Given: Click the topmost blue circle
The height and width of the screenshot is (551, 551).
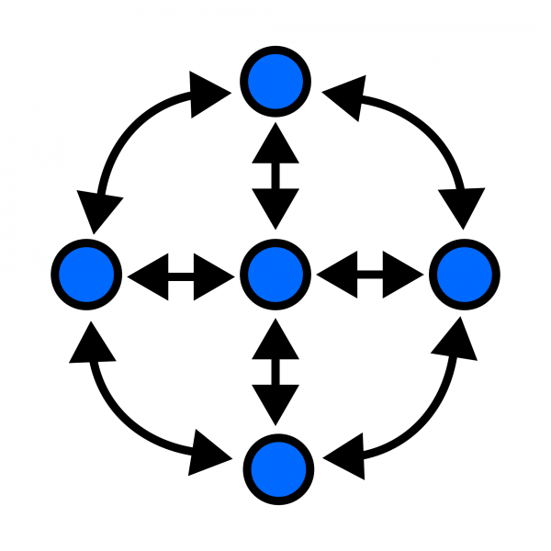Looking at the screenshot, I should click(276, 82).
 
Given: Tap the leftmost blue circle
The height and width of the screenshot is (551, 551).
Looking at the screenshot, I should click(87, 274).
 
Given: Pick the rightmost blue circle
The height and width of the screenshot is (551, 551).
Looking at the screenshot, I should click(464, 274).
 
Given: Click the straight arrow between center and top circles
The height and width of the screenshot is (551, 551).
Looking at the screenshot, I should click(275, 177).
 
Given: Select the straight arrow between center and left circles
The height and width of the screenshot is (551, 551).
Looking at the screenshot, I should click(181, 274).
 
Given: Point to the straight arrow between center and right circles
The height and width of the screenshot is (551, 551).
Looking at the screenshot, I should click(369, 274).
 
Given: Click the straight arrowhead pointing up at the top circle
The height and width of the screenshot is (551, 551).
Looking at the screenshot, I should click(275, 147).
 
